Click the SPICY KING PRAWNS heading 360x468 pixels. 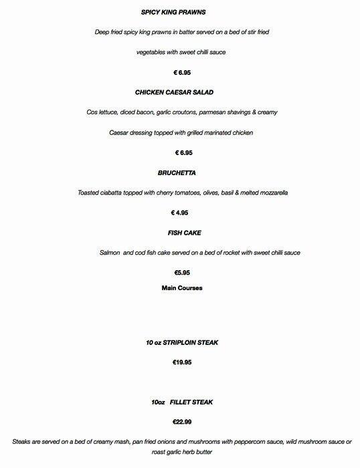click(179, 12)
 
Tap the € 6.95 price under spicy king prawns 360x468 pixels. click(179, 72)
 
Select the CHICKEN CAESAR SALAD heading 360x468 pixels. click(179, 92)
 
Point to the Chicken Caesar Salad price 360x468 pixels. click(179, 152)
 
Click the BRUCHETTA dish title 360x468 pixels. click(179, 172)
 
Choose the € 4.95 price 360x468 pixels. click(179, 213)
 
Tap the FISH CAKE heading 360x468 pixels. click(184, 233)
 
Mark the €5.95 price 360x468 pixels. click(181, 273)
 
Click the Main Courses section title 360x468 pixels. click(182, 288)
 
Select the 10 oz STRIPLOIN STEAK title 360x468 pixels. click(182, 342)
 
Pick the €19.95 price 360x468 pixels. click(182, 362)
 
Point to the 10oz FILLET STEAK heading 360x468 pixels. click(182, 402)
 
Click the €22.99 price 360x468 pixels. click(182, 423)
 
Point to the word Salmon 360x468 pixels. click(109, 253)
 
